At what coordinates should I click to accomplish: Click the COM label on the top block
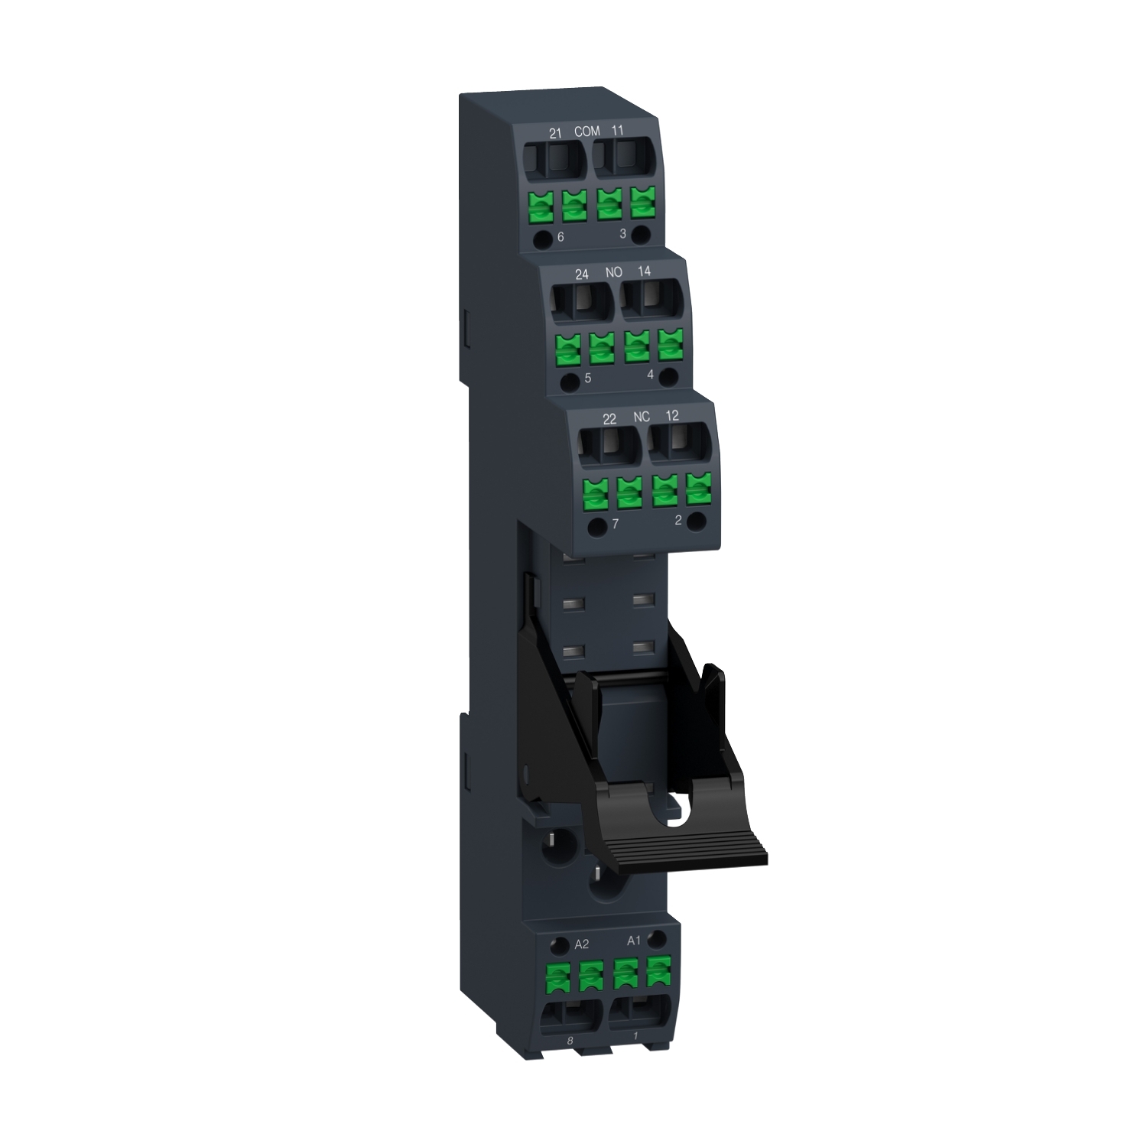pyautogui.click(x=587, y=132)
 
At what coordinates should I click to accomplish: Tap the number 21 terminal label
pyautogui.click(x=556, y=133)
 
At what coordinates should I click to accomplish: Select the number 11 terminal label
pyautogui.click(x=618, y=131)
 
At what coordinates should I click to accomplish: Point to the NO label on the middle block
pyautogui.click(x=613, y=272)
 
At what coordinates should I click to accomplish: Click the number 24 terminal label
pyautogui.click(x=582, y=274)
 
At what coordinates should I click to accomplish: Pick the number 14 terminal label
pyautogui.click(x=644, y=271)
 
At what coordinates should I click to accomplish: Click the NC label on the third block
pyautogui.click(x=642, y=417)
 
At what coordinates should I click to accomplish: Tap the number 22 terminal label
pyautogui.click(x=609, y=419)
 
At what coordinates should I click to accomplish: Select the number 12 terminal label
pyautogui.click(x=672, y=415)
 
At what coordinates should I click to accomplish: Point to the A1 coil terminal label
pyautogui.click(x=633, y=941)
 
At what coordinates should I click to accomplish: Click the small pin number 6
pyautogui.click(x=561, y=237)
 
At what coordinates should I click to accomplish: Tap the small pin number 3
pyautogui.click(x=622, y=233)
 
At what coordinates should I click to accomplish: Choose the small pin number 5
pyautogui.click(x=587, y=379)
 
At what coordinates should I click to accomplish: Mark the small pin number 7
pyautogui.click(x=615, y=525)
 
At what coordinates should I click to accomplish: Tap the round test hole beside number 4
pyautogui.click(x=669, y=375)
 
